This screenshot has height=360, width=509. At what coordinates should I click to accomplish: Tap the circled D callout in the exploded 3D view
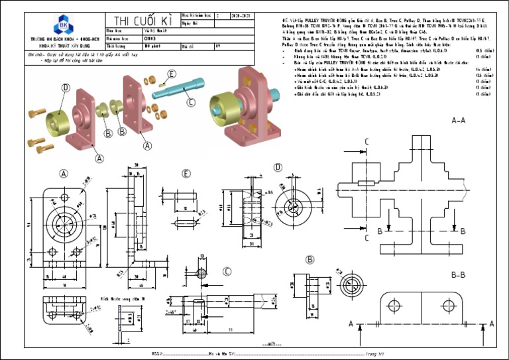(66, 88)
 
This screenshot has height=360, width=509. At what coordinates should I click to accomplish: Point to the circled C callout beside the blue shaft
(191, 102)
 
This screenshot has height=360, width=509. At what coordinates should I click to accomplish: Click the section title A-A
(458, 121)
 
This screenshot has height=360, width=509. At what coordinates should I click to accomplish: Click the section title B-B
(458, 274)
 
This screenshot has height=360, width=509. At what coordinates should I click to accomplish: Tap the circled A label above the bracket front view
(64, 174)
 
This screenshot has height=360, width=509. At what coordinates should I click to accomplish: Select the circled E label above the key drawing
(186, 174)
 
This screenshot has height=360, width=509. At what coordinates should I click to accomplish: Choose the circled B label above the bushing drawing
(310, 260)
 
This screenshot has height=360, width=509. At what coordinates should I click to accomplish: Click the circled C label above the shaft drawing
(227, 271)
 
